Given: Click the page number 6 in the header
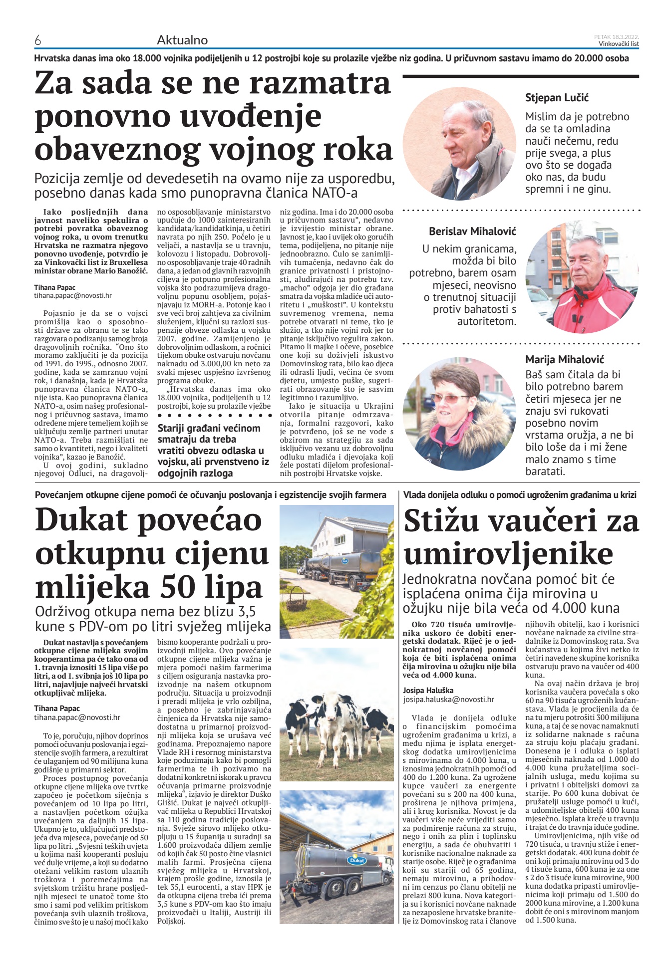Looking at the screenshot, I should click(x=38, y=40).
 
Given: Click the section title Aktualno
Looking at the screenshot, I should click(x=182, y=40).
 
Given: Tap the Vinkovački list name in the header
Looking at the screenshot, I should click(x=619, y=44).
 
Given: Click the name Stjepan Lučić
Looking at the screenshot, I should click(x=557, y=98).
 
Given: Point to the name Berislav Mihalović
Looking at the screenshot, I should click(x=472, y=232).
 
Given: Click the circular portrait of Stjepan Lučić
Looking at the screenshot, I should click(x=459, y=144).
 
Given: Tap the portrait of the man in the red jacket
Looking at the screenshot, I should click(x=582, y=277).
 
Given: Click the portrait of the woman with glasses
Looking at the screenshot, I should click(x=459, y=414).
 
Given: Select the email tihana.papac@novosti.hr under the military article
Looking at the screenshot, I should click(x=73, y=295).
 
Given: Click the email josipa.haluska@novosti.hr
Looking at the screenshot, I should click(x=448, y=700).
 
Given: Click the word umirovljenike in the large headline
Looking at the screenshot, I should click(x=508, y=554).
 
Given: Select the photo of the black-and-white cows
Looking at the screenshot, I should click(x=336, y=715).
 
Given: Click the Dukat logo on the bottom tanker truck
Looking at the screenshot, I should click(x=357, y=860).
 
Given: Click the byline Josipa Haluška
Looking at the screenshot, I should click(x=428, y=691).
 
